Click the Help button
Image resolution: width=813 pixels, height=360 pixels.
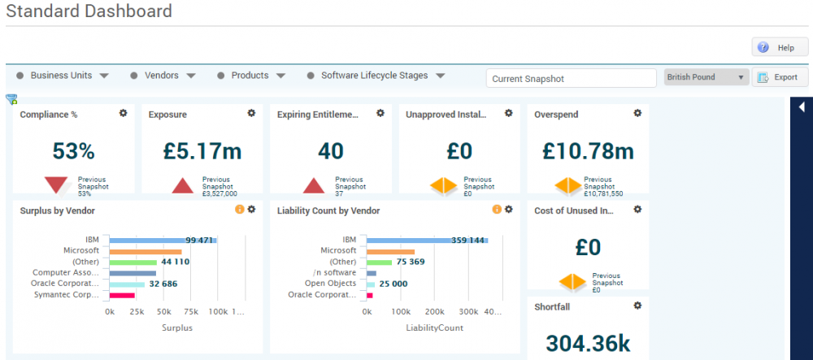[780, 48]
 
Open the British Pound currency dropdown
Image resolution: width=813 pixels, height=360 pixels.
[706, 78]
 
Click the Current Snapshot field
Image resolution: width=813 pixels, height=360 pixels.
[571, 79]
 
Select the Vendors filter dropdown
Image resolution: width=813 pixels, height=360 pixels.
[163, 76]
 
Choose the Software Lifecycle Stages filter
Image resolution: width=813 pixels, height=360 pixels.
[376, 76]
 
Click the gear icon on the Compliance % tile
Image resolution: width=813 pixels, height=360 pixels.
[124, 114]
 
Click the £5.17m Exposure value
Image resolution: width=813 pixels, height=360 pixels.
[202, 151]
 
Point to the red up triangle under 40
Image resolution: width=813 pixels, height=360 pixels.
[314, 186]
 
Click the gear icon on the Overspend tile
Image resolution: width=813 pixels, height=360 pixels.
[637, 114]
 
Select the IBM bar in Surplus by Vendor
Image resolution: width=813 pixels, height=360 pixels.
[163, 241]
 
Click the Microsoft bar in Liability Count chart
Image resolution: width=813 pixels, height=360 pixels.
[391, 251]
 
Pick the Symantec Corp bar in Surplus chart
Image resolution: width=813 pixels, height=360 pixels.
[122, 294]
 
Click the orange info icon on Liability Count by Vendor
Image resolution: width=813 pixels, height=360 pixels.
[497, 210]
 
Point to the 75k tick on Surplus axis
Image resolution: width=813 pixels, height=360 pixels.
[191, 312]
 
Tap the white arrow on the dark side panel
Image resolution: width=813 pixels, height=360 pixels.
[802, 107]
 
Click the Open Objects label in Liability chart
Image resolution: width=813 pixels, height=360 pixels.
[330, 284]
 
